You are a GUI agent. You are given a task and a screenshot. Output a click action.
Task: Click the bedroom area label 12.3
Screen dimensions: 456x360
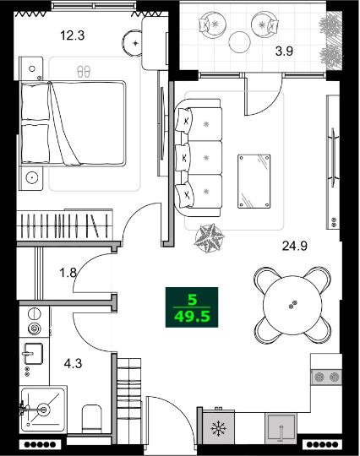(72, 35)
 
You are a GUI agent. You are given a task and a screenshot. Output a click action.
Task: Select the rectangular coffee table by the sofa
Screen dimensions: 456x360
(254, 180)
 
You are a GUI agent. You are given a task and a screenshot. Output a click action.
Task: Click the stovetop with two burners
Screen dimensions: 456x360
(326, 377)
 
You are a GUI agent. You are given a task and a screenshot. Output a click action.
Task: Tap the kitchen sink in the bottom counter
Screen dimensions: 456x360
(281, 429)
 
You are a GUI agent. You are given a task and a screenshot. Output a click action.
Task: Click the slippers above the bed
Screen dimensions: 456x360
(82, 72)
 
